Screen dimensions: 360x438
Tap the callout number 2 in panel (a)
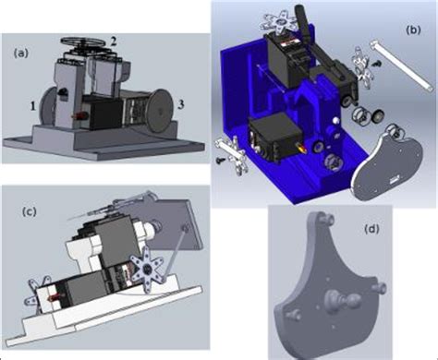click(x=112, y=40)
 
